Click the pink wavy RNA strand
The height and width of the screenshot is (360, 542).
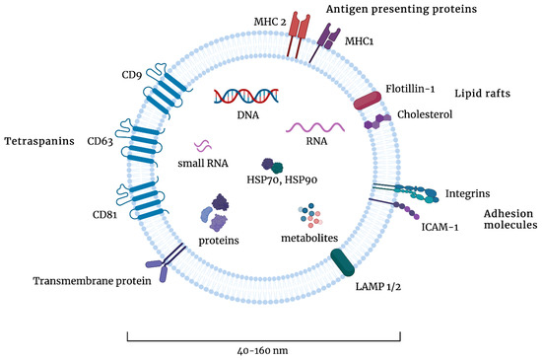pos(314,127)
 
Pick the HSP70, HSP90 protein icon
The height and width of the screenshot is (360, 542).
pos(271,168)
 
